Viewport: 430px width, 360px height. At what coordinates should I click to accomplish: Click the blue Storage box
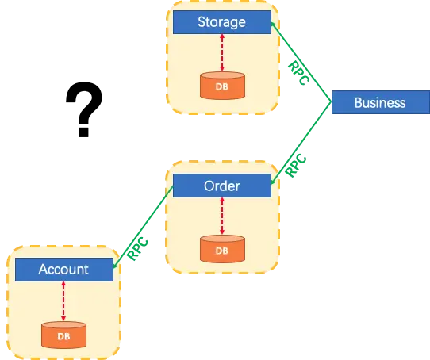click(x=221, y=22)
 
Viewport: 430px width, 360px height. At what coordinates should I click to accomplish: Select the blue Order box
click(x=221, y=186)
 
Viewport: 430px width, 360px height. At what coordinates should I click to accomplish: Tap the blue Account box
click(x=63, y=270)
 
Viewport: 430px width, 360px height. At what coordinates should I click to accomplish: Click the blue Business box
click(x=379, y=102)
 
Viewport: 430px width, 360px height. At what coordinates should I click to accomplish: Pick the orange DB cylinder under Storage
click(x=221, y=86)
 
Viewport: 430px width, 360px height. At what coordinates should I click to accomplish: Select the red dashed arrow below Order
click(x=221, y=216)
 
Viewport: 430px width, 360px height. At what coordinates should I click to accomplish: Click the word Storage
click(x=221, y=22)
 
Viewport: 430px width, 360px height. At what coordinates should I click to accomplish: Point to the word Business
click(x=379, y=102)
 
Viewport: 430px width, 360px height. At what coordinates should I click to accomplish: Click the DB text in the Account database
click(x=63, y=336)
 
